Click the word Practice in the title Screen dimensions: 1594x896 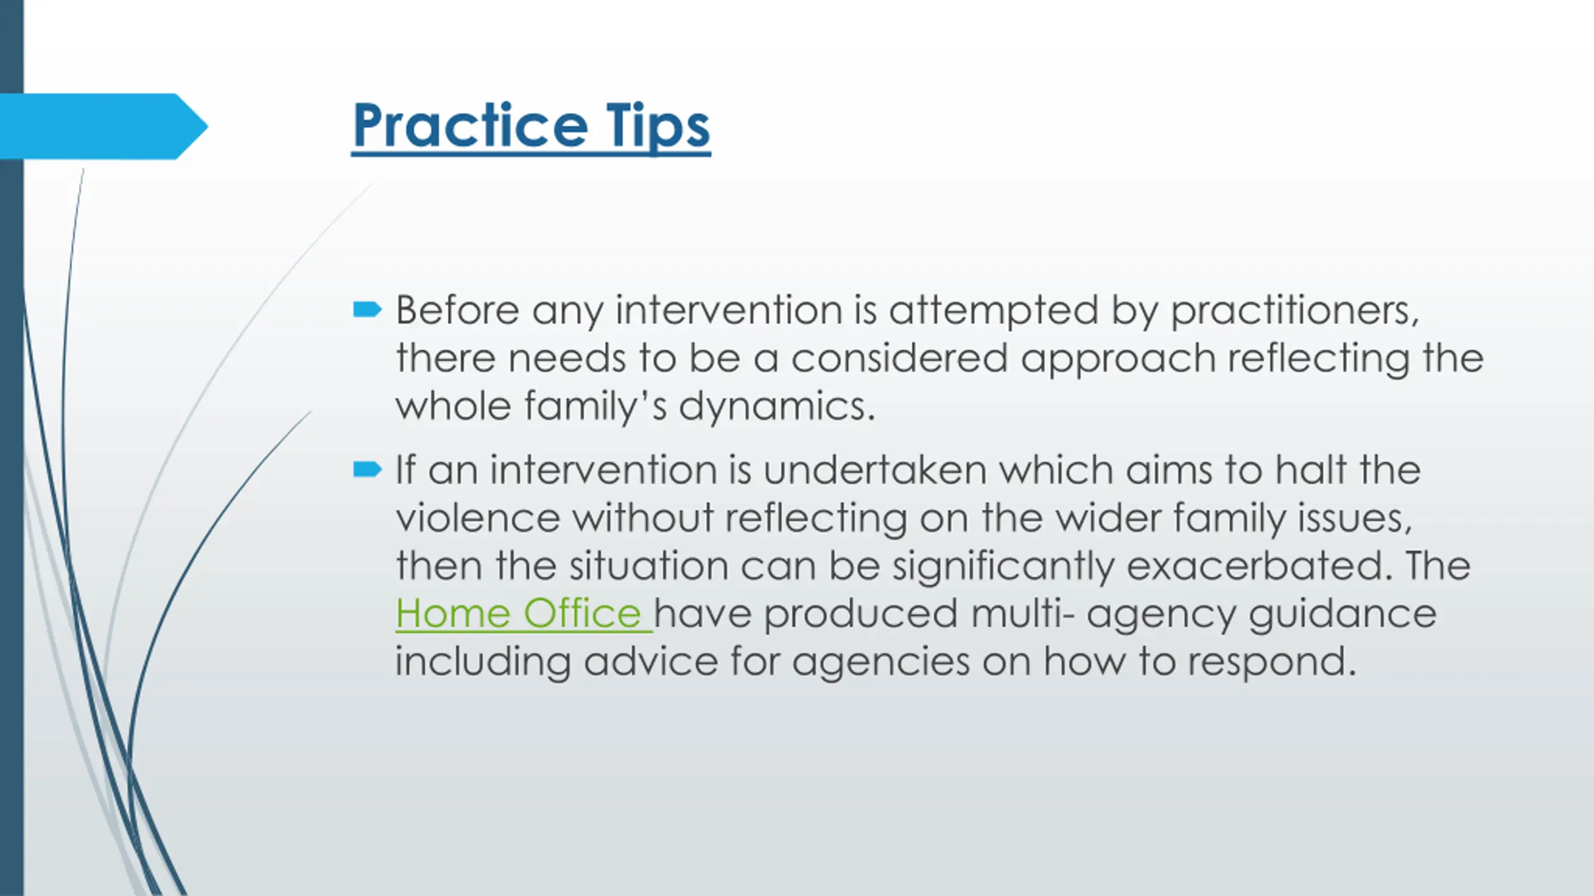(470, 126)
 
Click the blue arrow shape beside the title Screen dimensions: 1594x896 (104, 126)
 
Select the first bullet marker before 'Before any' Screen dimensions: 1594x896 (367, 309)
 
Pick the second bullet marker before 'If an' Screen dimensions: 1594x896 (367, 469)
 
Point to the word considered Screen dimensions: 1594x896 (899, 358)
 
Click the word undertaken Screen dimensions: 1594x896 (875, 469)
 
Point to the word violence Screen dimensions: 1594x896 (478, 518)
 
